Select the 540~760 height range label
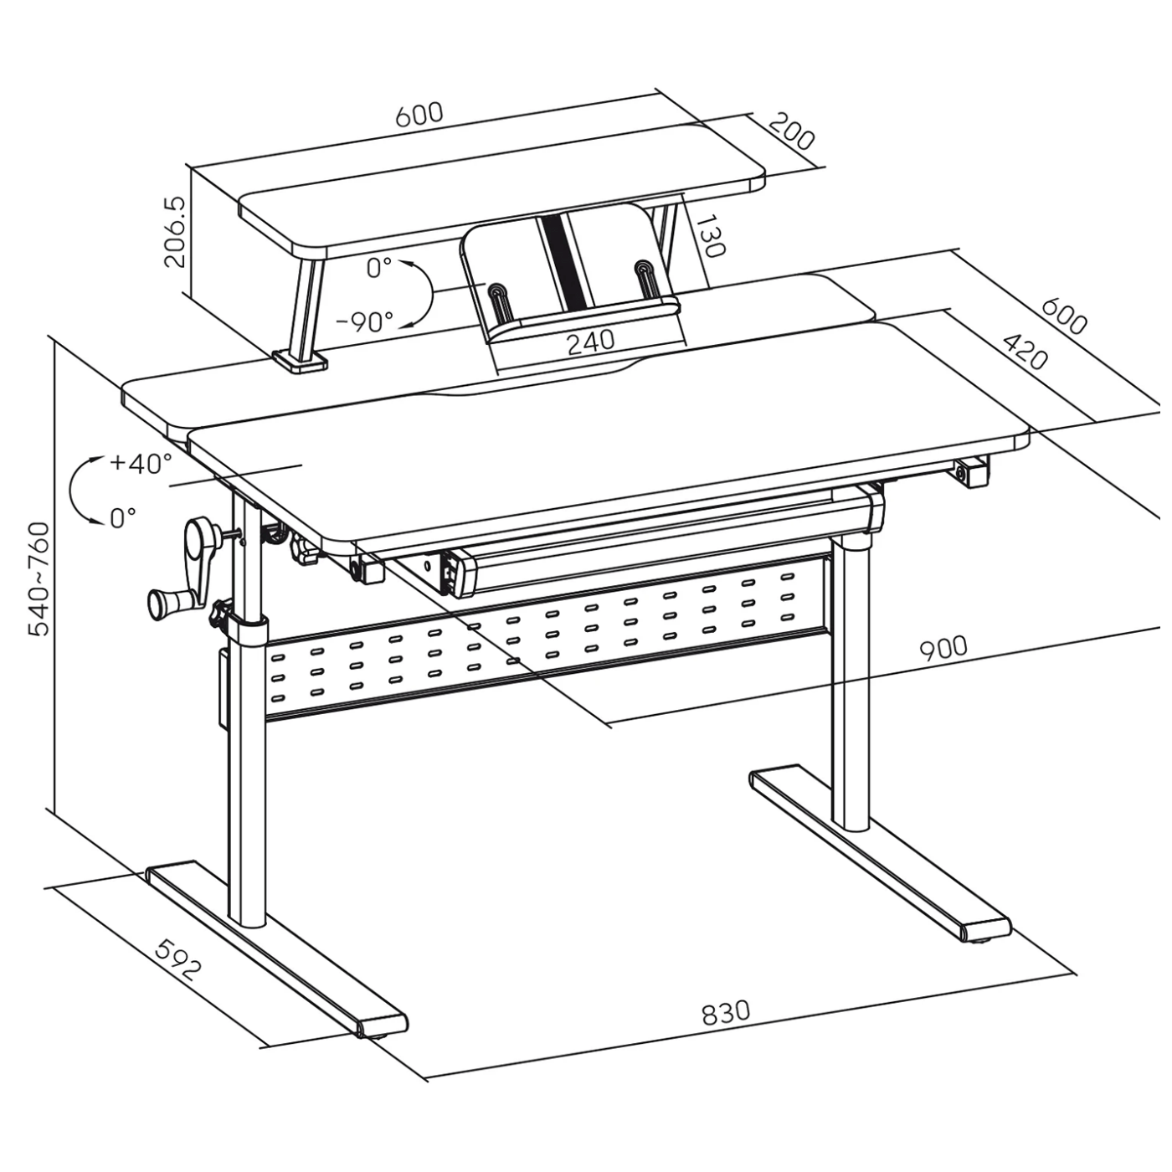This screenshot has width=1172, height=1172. [39, 578]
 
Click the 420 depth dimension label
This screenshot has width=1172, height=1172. [1025, 351]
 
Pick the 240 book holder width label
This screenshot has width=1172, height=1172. [590, 342]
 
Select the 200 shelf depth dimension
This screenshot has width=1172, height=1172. [791, 132]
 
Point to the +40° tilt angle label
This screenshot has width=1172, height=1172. [141, 464]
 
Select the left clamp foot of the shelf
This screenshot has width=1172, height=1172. [300, 360]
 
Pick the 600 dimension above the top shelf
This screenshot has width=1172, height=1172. [419, 115]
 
